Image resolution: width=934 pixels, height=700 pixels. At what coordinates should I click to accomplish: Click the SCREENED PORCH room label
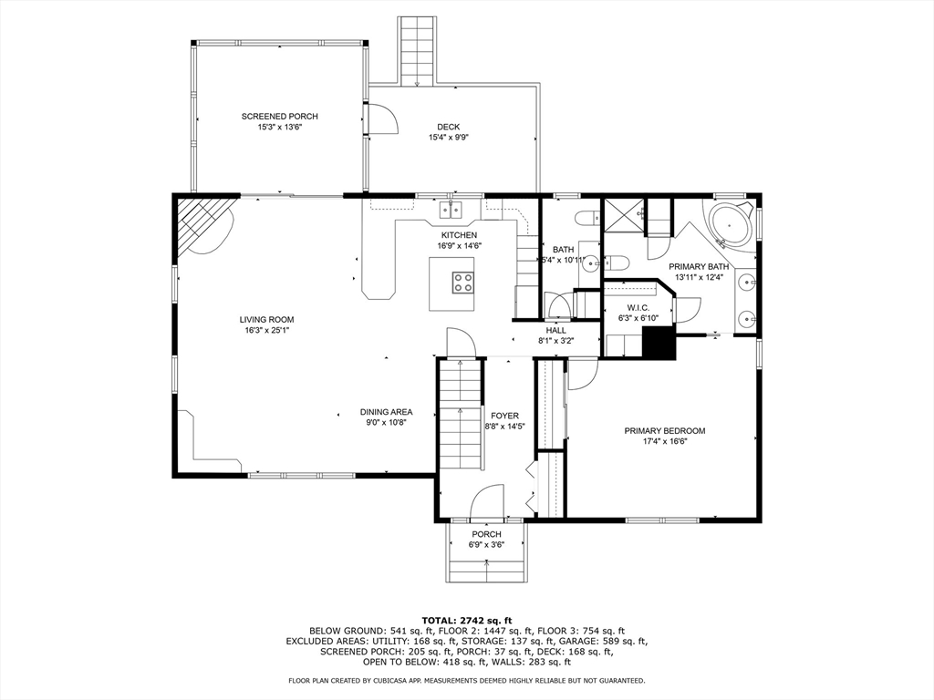pos(279,116)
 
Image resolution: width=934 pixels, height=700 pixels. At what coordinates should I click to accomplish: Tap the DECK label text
pos(448,127)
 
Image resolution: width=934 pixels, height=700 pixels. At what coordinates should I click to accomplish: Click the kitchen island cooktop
pos(463,282)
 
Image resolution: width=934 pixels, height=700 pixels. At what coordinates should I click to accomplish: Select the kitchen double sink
pos(452,210)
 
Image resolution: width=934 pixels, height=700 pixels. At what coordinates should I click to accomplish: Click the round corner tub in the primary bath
pos(729,225)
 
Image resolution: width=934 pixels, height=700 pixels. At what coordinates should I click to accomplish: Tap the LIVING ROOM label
pos(267,320)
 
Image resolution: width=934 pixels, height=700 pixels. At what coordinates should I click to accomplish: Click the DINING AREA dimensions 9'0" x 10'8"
pos(386,423)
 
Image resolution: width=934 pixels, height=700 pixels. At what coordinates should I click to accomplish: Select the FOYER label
pos(504,416)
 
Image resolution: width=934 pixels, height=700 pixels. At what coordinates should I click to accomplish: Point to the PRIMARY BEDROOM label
pos(665,431)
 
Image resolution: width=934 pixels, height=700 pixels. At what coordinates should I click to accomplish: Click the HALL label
pos(555,331)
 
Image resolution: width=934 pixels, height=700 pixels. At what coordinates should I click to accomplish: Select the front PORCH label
pos(487,534)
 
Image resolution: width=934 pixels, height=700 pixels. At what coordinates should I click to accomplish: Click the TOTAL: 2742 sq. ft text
pos(467,620)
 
